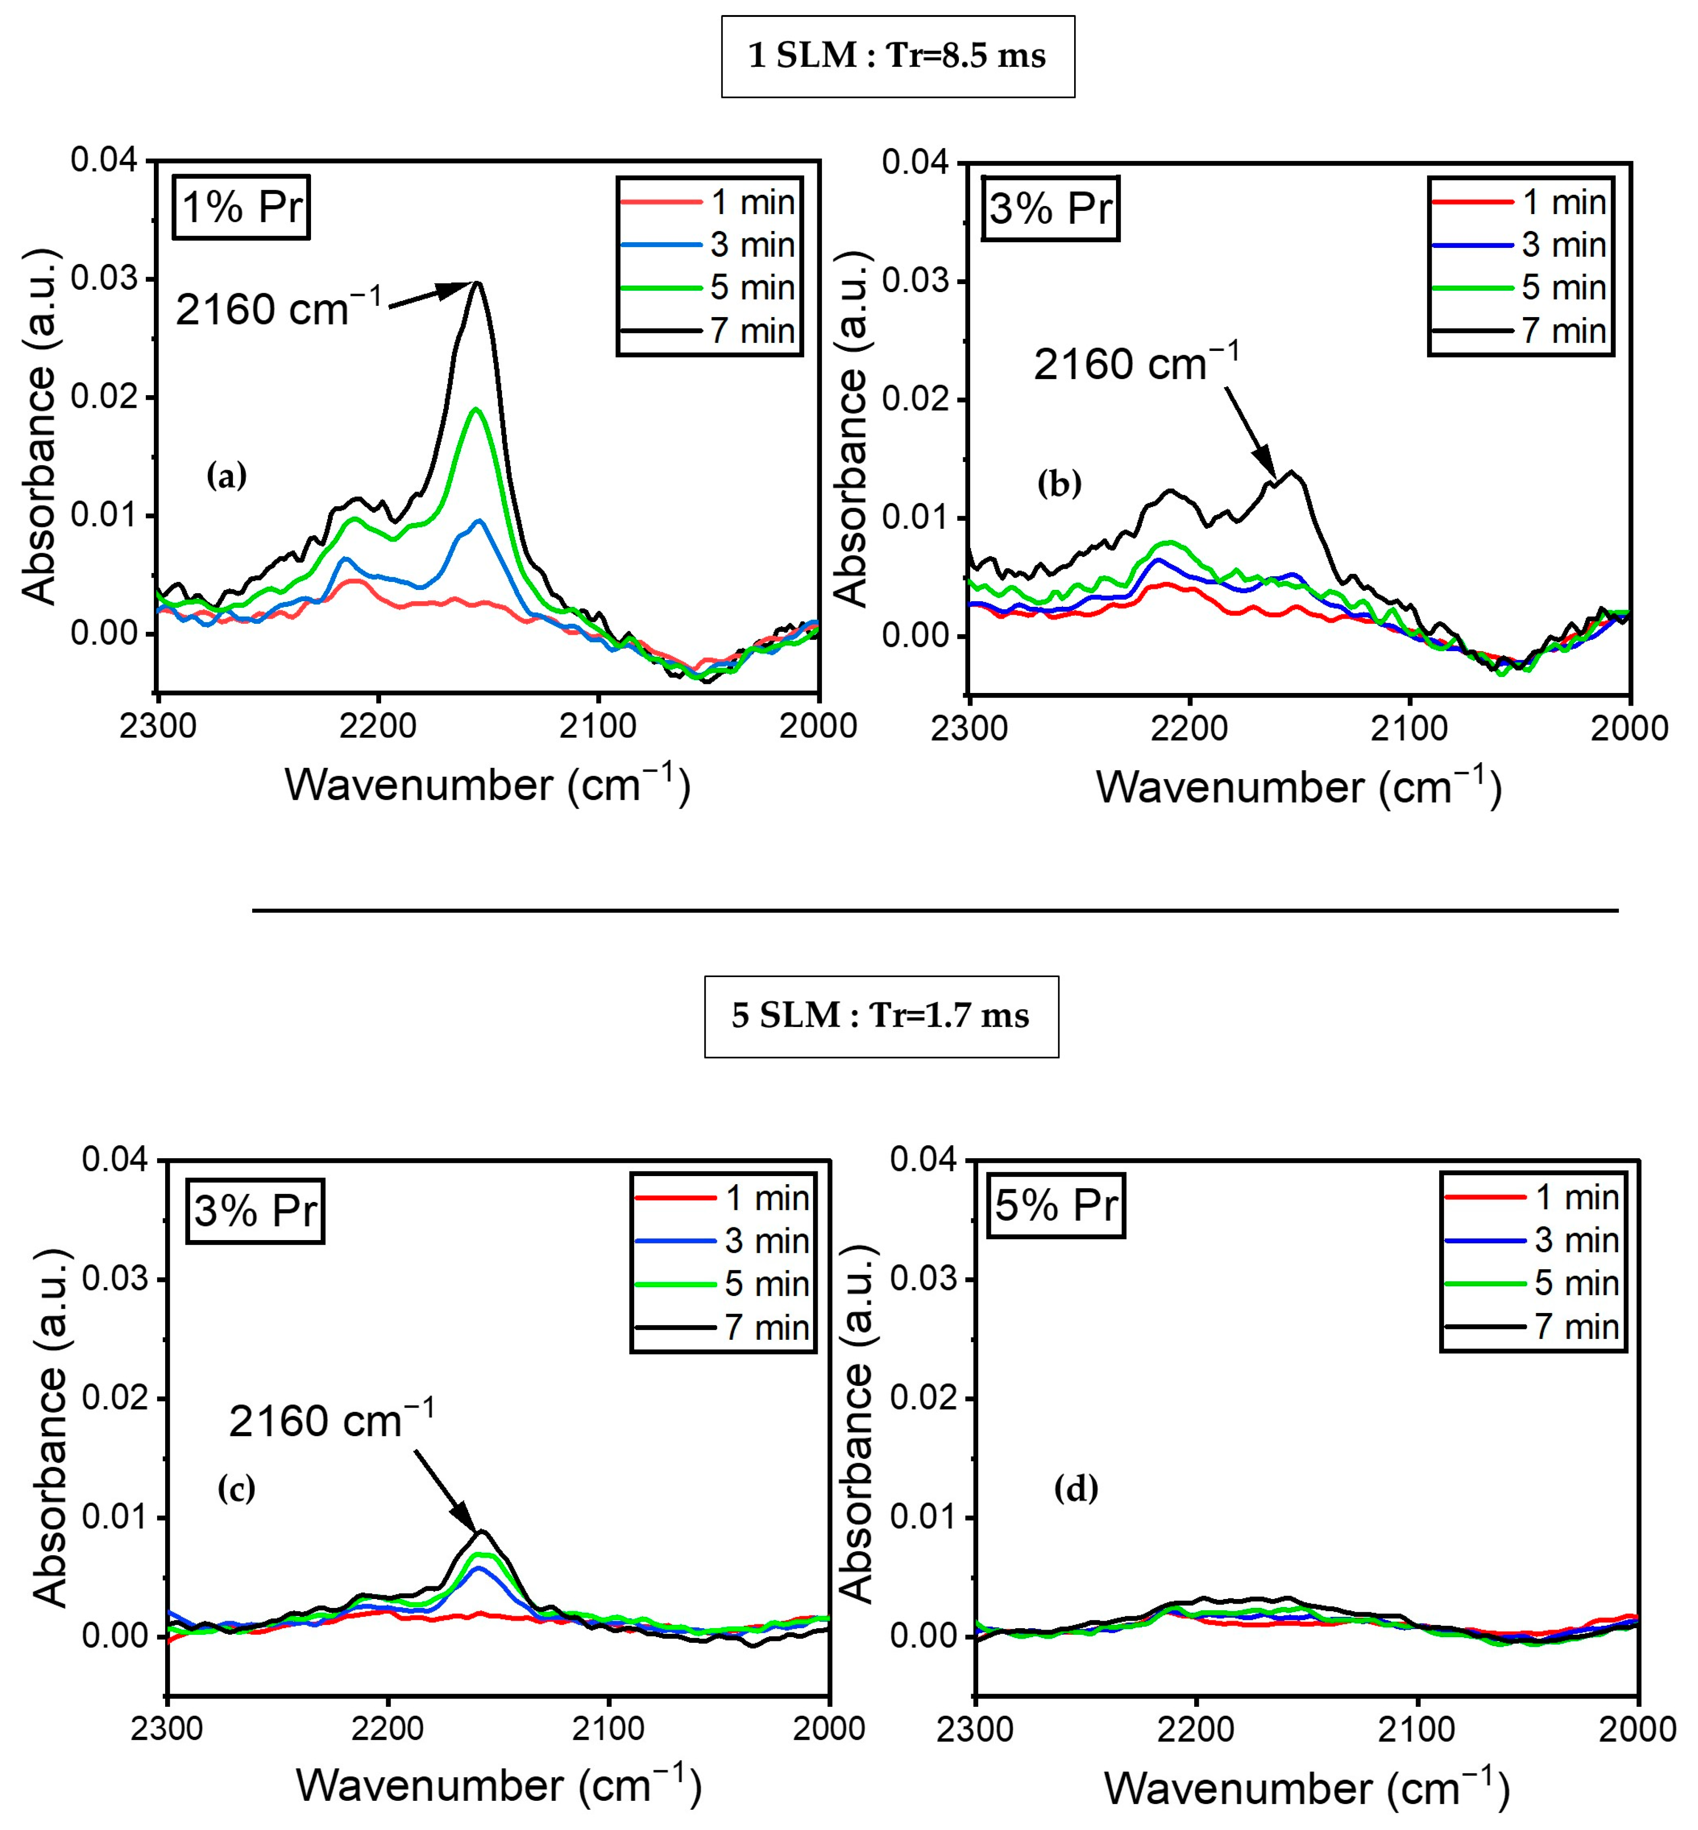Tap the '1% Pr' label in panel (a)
point(242,207)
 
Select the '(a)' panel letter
point(226,476)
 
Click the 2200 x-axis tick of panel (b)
point(1189,729)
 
